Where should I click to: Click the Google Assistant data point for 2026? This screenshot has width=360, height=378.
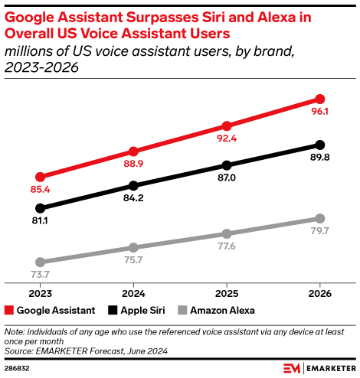tap(320, 99)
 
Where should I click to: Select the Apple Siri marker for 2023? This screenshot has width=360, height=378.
tap(41, 207)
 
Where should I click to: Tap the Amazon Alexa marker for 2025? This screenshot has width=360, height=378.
tap(227, 233)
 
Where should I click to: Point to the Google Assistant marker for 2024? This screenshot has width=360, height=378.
tap(134, 152)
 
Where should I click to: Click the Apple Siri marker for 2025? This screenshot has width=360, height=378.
tap(227, 165)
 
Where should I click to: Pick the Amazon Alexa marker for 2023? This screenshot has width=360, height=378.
tap(41, 262)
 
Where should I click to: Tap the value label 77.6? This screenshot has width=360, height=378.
tap(227, 246)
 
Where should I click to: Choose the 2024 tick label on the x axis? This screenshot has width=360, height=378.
tap(134, 293)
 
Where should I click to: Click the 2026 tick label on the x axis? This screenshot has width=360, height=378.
tap(320, 293)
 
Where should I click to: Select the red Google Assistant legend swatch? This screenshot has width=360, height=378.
tap(9, 311)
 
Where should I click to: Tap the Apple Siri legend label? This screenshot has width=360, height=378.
tap(143, 311)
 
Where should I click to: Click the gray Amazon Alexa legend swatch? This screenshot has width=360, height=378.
tap(182, 311)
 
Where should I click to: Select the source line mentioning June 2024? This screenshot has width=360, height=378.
tap(86, 350)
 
